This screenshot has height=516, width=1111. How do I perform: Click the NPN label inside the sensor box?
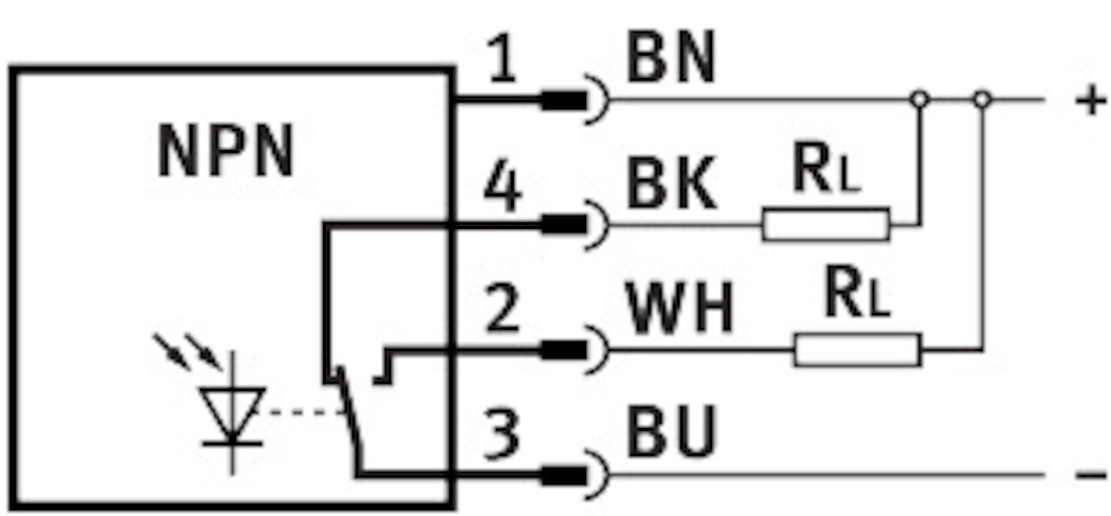tap(226, 152)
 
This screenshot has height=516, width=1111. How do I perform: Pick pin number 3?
tap(502, 434)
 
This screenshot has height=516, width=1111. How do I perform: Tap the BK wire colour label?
tap(671, 186)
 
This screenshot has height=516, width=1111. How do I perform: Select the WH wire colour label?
tap(680, 310)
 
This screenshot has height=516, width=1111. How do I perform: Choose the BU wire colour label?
tap(672, 432)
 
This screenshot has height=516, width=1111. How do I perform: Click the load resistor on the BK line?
tap(825, 224)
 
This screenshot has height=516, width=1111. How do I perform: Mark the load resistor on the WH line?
tap(856, 350)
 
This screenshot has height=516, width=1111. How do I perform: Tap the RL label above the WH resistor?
tap(856, 296)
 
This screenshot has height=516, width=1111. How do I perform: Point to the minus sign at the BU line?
tap(1089, 475)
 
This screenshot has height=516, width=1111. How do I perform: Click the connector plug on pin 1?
tap(564, 99)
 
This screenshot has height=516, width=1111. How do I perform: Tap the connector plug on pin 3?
tap(564, 475)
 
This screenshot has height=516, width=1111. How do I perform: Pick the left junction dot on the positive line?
tap(918, 98)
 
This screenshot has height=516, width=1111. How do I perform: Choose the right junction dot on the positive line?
tap(982, 98)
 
